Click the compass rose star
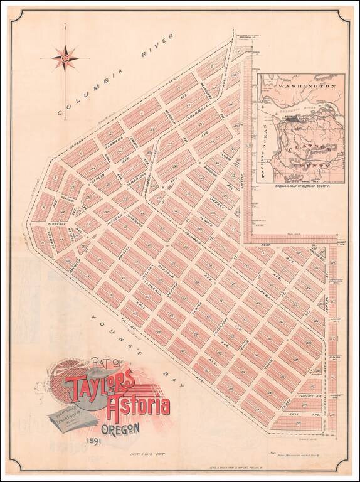coord(65,58)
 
